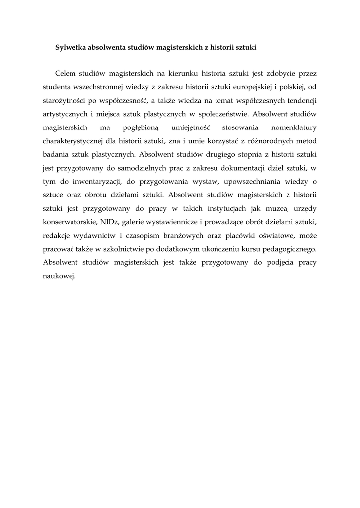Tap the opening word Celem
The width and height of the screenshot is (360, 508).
pyautogui.click(x=66, y=74)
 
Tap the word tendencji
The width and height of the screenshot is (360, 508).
pyautogui.click(x=299, y=101)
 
